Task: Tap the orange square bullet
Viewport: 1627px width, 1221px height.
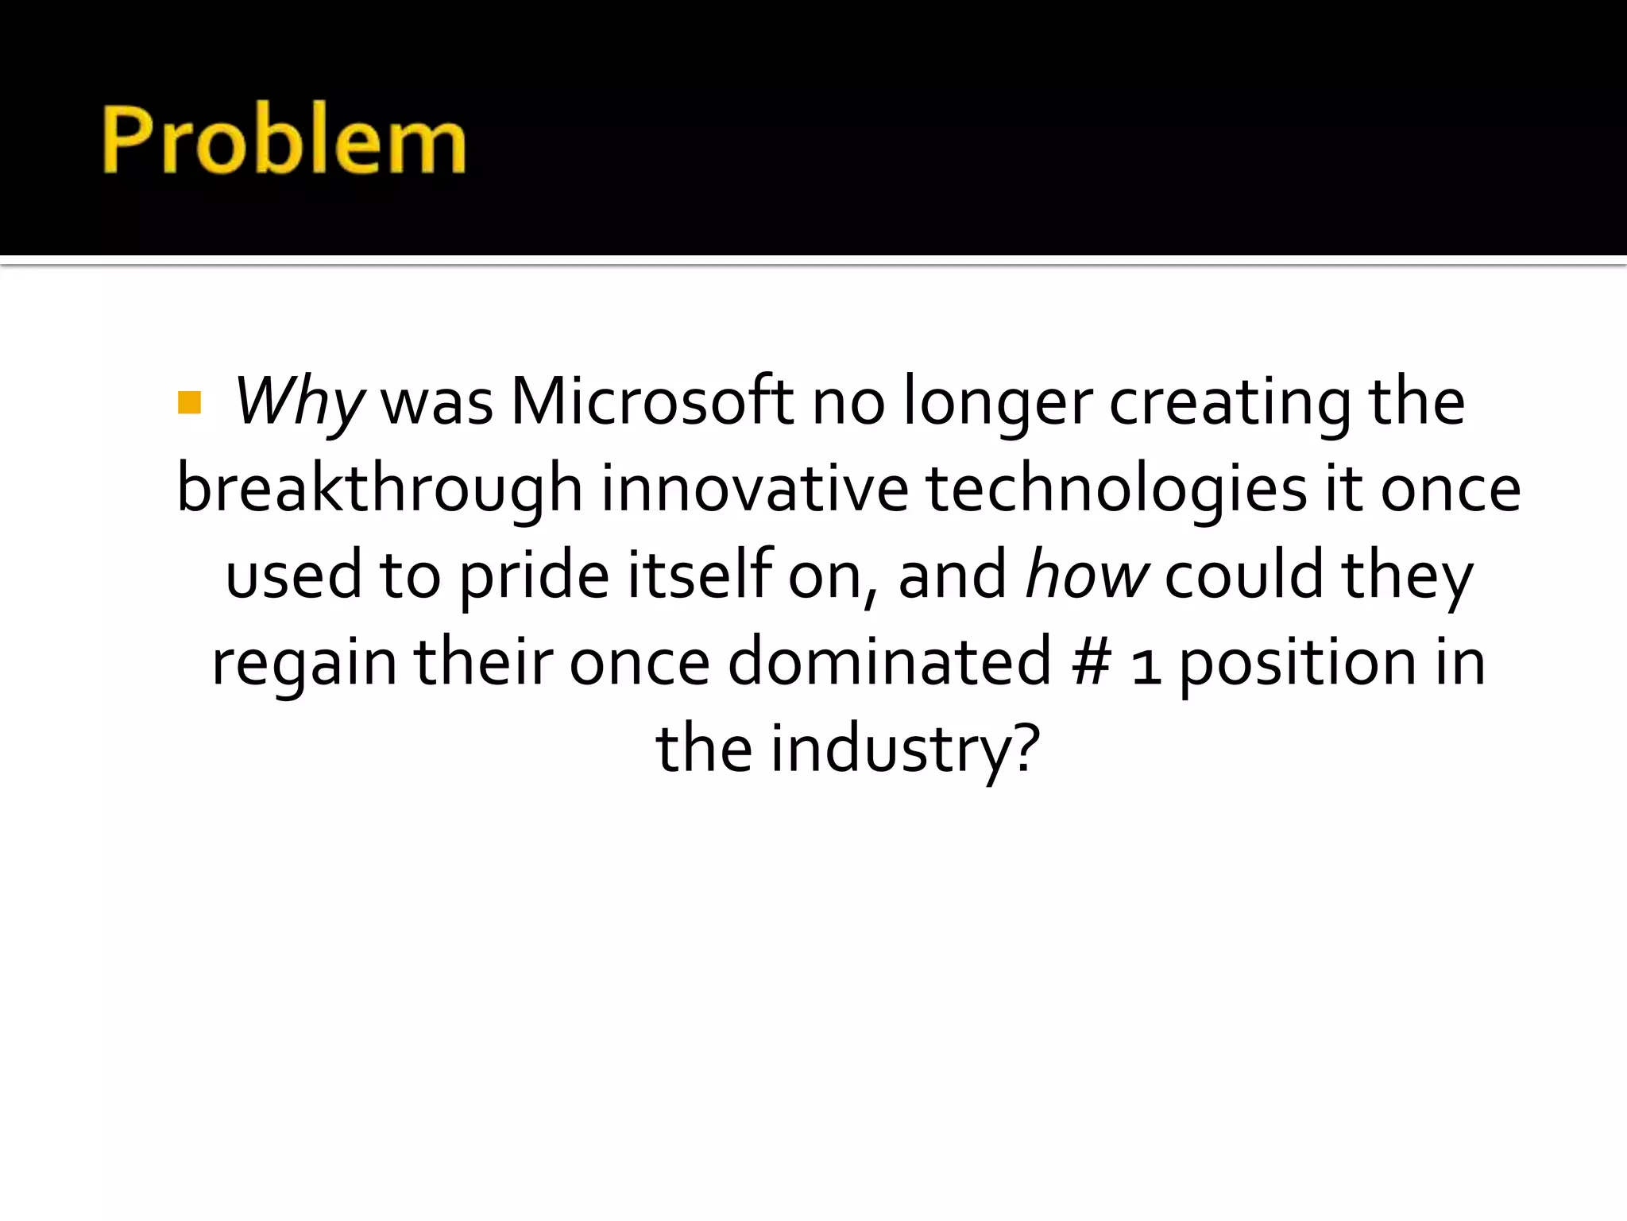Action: coord(190,403)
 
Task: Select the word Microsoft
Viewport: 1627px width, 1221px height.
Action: coord(651,401)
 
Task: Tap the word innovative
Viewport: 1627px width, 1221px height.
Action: coord(755,489)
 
